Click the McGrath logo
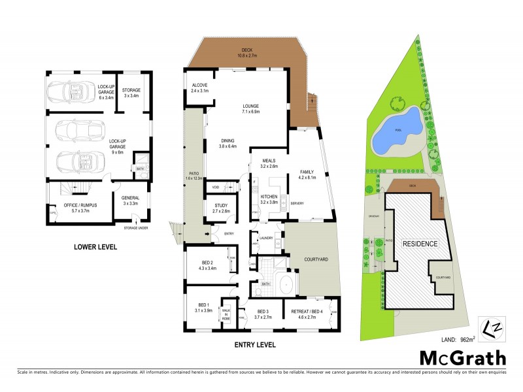click(x=462, y=357)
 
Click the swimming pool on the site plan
click(x=396, y=131)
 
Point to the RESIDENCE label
click(x=420, y=242)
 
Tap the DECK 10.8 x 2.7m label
click(x=246, y=52)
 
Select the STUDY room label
click(x=221, y=208)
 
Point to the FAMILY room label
click(x=307, y=173)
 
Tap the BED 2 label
click(x=208, y=265)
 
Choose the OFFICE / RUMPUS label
click(x=80, y=208)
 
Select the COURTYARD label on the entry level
click(x=316, y=257)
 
